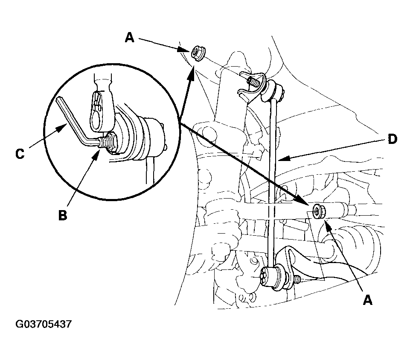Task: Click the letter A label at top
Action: (x=130, y=38)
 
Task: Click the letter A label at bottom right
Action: (x=368, y=300)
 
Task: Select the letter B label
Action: (x=62, y=215)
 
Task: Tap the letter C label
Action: (x=20, y=154)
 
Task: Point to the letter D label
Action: (x=392, y=139)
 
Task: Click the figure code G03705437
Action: (x=44, y=324)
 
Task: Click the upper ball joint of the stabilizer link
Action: (x=274, y=91)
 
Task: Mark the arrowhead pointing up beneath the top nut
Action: (x=191, y=72)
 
